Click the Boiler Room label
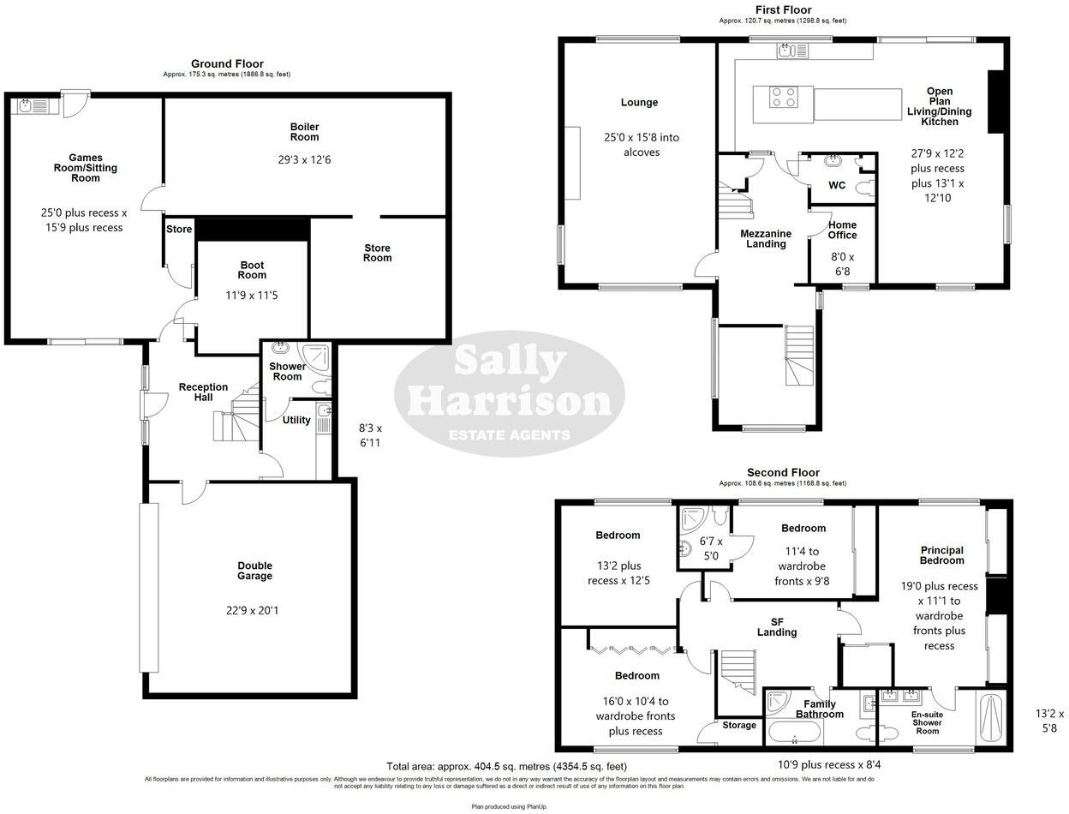tap(304, 132)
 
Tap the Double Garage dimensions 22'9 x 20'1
tap(254, 611)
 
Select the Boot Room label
tap(252, 270)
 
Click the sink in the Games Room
tap(27, 106)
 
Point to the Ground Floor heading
tap(227, 63)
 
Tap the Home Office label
tap(842, 230)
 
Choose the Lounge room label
tap(639, 102)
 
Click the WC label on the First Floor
tap(837, 185)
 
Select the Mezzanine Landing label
tap(766, 238)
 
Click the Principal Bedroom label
tap(942, 555)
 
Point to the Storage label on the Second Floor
tap(738, 726)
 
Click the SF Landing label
tap(777, 627)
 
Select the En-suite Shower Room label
tap(928, 721)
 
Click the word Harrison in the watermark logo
tap(509, 400)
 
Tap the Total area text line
tap(507, 766)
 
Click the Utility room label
tap(296, 420)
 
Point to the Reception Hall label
tap(203, 392)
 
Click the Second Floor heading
tap(783, 472)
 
